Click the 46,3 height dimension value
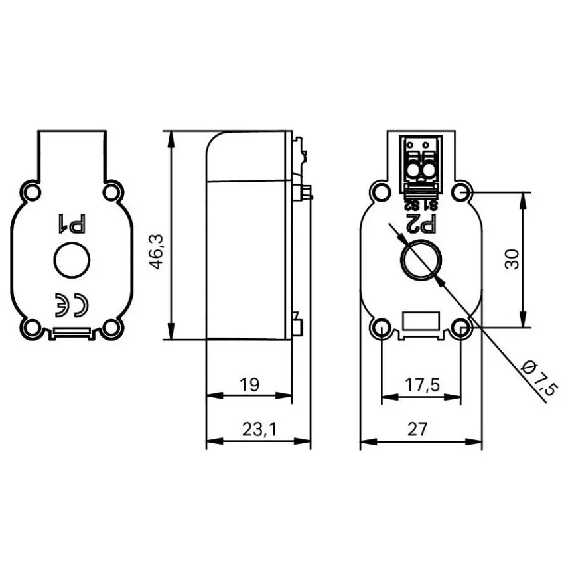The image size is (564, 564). pyautogui.click(x=157, y=251)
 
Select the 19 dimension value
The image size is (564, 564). pyautogui.click(x=249, y=384)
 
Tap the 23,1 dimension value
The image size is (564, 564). pyautogui.click(x=259, y=429)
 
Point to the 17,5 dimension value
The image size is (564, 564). pyautogui.click(x=422, y=385)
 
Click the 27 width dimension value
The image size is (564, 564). pyautogui.click(x=417, y=429)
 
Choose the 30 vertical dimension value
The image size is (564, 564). pyautogui.click(x=512, y=259)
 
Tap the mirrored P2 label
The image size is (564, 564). pyautogui.click(x=421, y=224)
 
